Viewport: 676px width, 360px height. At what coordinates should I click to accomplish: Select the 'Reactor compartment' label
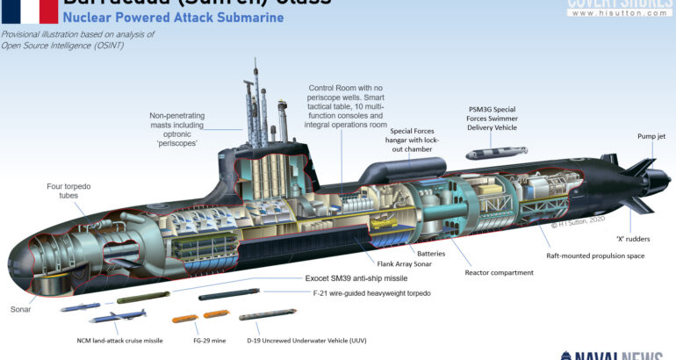click(x=498, y=273)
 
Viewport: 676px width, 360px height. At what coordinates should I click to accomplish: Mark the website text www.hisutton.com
click(x=626, y=17)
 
